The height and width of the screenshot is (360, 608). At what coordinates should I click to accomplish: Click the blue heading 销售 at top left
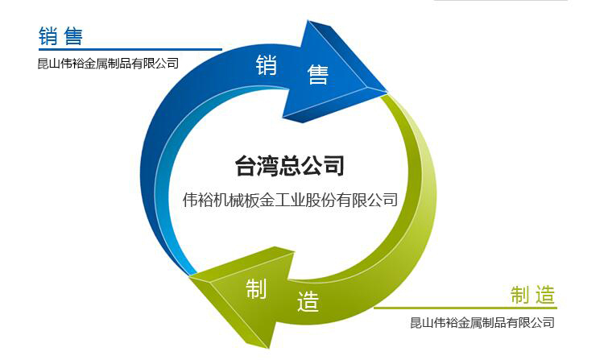point(60,36)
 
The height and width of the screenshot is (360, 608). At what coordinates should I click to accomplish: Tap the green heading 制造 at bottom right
point(533,295)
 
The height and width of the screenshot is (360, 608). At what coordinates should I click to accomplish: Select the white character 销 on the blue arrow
point(267,64)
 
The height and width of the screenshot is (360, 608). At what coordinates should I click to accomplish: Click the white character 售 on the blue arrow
point(318,74)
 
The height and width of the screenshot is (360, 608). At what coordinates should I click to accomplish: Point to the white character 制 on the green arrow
point(256,288)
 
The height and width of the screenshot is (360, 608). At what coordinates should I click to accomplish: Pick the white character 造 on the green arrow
point(308,301)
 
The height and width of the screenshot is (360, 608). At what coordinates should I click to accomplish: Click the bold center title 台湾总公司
point(290,166)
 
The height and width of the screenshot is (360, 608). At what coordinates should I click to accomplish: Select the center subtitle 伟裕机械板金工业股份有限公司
point(291,200)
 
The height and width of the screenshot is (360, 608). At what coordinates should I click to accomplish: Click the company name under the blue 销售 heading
point(108,64)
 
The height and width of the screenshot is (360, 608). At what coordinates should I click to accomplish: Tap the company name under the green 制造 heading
point(482,322)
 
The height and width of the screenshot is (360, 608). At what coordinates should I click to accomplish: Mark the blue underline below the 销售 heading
point(130,50)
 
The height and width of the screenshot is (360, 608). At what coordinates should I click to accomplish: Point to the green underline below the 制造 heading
point(465,308)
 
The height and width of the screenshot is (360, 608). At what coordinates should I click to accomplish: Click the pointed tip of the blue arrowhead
point(387,92)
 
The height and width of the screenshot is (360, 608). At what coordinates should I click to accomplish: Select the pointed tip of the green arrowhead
point(190,275)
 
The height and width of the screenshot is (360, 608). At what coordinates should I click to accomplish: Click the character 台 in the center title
point(246,166)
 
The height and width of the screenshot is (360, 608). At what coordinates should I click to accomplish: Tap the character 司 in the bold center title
point(333,166)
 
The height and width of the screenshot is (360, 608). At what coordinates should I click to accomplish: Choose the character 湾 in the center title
point(268,166)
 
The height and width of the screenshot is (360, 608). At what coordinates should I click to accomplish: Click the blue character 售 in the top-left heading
point(73,36)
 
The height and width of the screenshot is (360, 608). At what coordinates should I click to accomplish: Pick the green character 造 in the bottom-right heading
point(545,295)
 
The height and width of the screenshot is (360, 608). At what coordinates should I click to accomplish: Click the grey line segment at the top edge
point(501,0)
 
